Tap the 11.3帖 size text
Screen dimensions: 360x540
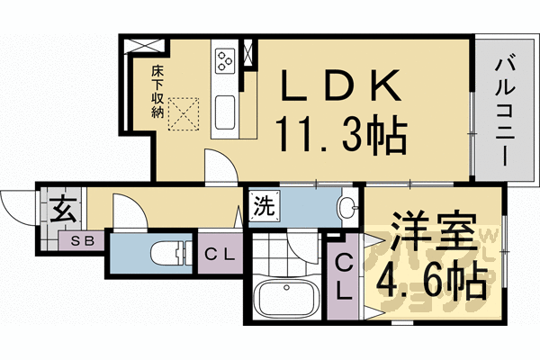[343, 136]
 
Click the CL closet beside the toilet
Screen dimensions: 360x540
[220, 255]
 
